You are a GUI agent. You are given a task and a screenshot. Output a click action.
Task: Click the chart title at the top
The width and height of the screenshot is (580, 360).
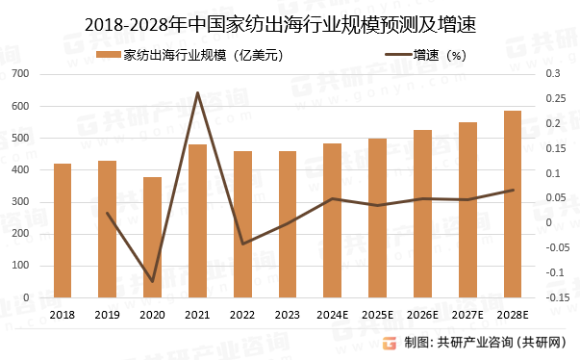(x=289, y=20)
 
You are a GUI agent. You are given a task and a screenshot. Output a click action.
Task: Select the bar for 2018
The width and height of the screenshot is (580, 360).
(x=63, y=231)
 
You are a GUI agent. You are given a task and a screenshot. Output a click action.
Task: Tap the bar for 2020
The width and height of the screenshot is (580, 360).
(x=152, y=238)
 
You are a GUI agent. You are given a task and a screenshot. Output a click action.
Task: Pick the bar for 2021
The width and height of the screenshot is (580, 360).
(x=197, y=221)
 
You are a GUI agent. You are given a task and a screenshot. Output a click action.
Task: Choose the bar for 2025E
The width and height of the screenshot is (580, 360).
(x=378, y=219)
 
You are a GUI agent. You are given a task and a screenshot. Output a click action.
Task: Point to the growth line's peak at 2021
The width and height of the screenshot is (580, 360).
(x=197, y=92)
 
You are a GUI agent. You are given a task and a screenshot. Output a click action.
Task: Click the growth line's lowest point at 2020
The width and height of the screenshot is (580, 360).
(x=152, y=282)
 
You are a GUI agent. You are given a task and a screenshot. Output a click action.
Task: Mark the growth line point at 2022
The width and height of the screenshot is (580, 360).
(x=242, y=244)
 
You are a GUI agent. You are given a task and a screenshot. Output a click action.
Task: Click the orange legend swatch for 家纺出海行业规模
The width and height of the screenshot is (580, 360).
(x=109, y=55)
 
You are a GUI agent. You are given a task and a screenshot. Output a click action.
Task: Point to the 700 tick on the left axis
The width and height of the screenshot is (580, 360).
(x=21, y=73)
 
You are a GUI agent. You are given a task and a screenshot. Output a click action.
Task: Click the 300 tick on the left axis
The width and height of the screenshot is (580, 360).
(x=21, y=202)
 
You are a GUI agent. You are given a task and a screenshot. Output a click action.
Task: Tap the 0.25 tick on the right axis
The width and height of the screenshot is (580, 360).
(x=558, y=98)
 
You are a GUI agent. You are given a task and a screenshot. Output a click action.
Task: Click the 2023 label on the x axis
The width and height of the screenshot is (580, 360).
(x=288, y=315)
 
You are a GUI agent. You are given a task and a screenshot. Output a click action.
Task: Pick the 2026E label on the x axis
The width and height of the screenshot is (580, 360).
(x=422, y=315)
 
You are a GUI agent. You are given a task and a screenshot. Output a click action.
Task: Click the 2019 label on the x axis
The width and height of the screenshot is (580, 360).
(x=108, y=315)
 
